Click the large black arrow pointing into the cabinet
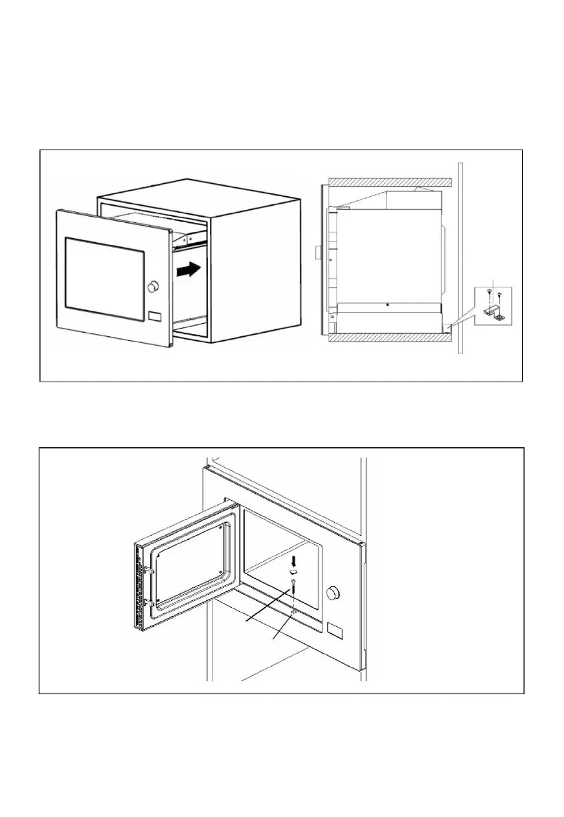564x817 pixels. (189, 271)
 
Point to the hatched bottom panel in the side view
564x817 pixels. (389, 338)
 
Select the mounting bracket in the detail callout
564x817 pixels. (494, 313)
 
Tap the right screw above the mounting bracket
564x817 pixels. (501, 296)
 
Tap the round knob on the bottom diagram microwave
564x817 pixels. (334, 591)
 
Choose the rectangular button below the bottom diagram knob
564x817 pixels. (336, 628)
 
